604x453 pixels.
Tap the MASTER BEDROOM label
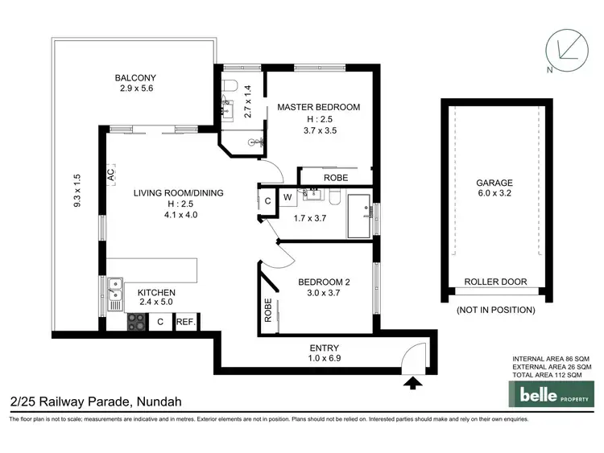pos(318,107)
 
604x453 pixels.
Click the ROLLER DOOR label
pos(495,282)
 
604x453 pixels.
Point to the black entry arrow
pos(413,384)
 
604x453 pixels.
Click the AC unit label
pos(110,174)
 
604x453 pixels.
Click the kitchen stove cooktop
pos(136,322)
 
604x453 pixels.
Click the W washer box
pos(287,196)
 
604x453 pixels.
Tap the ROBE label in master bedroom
pos(335,178)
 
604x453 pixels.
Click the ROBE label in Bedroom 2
pos(267,311)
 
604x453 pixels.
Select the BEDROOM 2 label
pos(323,282)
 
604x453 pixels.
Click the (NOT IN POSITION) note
pos(495,309)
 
